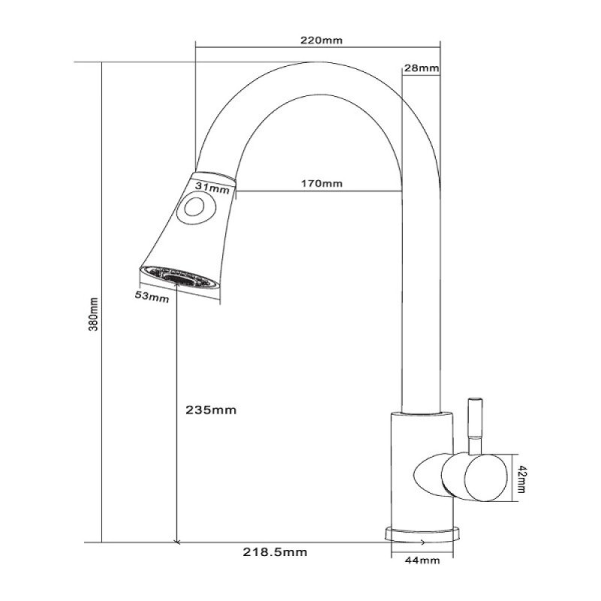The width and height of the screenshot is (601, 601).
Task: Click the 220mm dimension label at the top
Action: click(322, 41)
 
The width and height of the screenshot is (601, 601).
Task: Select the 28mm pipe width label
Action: click(421, 68)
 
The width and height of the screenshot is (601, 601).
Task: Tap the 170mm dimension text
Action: click(322, 183)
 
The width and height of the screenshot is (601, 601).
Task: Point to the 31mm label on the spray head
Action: click(213, 188)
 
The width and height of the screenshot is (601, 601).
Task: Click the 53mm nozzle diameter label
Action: click(152, 297)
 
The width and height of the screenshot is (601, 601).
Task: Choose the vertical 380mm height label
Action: click(94, 314)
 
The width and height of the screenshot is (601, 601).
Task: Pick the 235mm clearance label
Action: click(211, 410)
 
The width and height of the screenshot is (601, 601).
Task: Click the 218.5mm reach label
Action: click(275, 552)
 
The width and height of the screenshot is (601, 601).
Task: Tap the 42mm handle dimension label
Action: click(522, 479)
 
